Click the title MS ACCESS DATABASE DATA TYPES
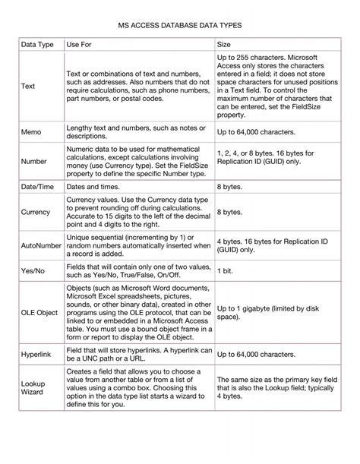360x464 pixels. pos(180,25)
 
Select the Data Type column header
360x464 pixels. pos(36,45)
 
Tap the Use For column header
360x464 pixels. pos(80,45)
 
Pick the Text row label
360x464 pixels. pos(28,87)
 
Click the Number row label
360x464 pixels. pos(35,161)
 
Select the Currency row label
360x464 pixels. pos(36,213)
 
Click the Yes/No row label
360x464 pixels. pos(33,271)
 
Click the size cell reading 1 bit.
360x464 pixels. pos(226,271)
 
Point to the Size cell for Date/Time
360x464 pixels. pos(229,185)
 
